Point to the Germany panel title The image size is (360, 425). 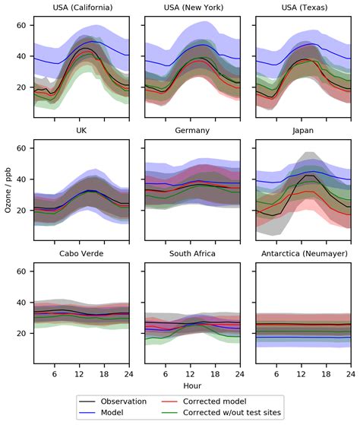point(193,131)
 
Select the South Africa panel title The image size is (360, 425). point(193,254)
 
